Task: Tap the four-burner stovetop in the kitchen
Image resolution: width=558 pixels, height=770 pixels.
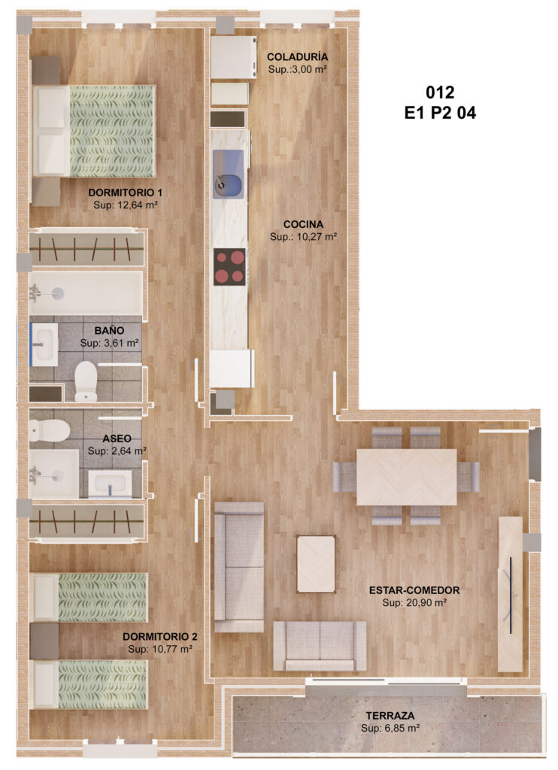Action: click(229, 266)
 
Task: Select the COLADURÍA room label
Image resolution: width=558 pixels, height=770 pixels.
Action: click(298, 57)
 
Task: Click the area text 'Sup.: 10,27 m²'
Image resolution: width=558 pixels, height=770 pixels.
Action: click(304, 237)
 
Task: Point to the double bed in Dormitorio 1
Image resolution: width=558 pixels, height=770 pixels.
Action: click(94, 131)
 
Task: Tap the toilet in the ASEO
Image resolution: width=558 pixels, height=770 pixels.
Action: click(49, 429)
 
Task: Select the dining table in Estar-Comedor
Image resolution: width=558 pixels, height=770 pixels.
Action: click(407, 477)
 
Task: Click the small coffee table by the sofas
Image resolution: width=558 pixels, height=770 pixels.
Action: click(317, 564)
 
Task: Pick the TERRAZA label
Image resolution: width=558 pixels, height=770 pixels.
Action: click(390, 716)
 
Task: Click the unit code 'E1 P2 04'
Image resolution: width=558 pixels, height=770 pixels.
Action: click(440, 114)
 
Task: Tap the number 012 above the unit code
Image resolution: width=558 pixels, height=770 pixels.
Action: click(440, 92)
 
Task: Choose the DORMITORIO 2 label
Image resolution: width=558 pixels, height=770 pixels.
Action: click(160, 636)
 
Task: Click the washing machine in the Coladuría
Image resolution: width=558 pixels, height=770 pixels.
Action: click(234, 57)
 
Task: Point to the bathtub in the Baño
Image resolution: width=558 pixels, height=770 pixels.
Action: click(86, 294)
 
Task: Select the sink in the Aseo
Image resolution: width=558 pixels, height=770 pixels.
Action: click(110, 484)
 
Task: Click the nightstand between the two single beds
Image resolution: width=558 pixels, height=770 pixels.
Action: click(44, 641)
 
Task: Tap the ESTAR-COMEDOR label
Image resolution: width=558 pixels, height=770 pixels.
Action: click(414, 590)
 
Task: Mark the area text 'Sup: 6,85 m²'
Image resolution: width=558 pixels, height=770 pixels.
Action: click(390, 728)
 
